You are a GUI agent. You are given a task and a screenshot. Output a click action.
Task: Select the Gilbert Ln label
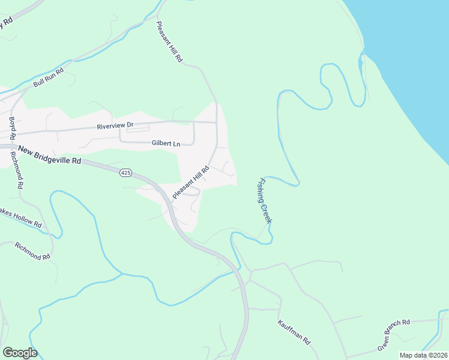(x=166, y=144)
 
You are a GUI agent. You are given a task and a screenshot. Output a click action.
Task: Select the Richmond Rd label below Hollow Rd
(x=32, y=252)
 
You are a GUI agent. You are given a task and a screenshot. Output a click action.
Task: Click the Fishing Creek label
(x=265, y=200)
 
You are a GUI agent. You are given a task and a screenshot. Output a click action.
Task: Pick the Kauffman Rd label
(x=294, y=332)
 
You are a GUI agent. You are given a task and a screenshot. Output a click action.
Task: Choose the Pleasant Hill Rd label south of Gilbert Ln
(x=190, y=183)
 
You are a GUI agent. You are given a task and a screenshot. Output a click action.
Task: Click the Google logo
(x=20, y=353)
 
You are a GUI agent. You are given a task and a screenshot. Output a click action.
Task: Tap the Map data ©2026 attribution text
(x=423, y=355)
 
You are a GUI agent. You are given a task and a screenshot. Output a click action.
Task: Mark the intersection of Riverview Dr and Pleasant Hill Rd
(x=216, y=122)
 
